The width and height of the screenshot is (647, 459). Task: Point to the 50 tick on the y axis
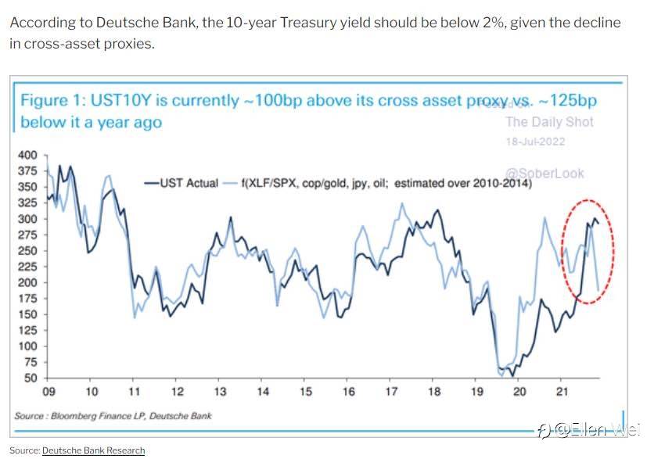pyautogui.click(x=29, y=378)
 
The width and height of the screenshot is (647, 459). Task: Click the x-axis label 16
pyautogui.click(x=348, y=391)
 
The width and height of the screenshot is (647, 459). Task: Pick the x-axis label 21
pyautogui.click(x=560, y=391)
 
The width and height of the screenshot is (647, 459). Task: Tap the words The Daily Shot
pyautogui.click(x=549, y=121)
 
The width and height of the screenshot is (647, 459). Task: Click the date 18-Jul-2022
pyautogui.click(x=534, y=142)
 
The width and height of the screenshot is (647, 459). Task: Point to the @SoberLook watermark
pyautogui.click(x=545, y=174)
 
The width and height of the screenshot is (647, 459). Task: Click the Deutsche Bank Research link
pyautogui.click(x=93, y=450)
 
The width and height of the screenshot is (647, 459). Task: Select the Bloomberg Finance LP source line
pyautogui.click(x=113, y=415)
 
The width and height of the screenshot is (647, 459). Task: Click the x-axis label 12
pyautogui.click(x=178, y=391)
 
